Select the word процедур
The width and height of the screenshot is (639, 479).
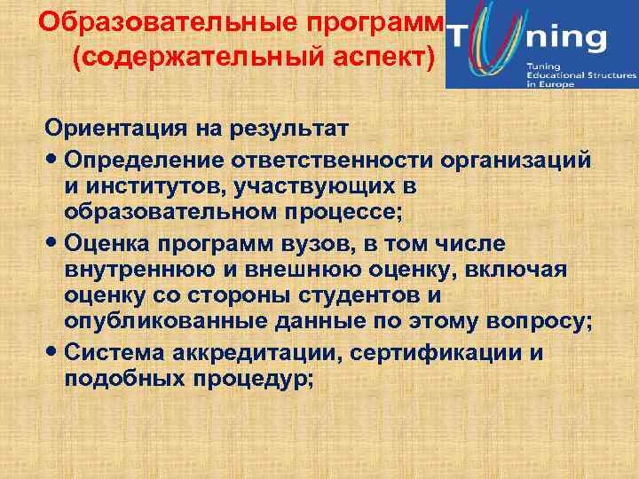tap(256, 378)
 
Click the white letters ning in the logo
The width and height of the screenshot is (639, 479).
tap(568, 38)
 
